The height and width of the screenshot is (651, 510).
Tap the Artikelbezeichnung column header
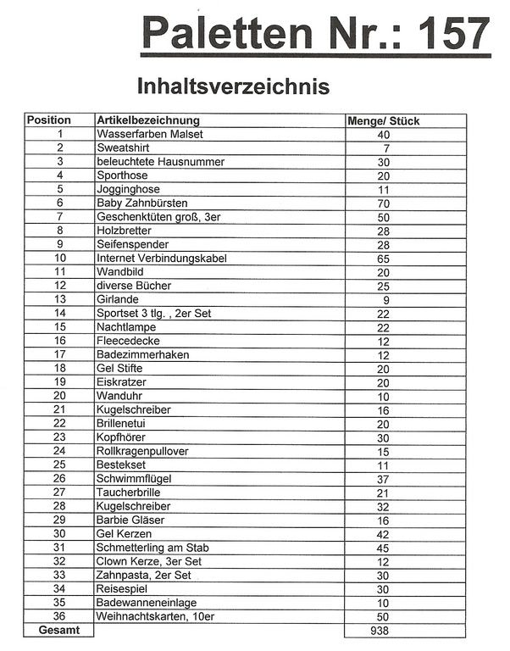pos(148,120)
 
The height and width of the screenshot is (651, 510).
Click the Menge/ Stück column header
pos(384,120)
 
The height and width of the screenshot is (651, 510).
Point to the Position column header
pos(49,120)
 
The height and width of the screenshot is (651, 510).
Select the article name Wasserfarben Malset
pos(150,134)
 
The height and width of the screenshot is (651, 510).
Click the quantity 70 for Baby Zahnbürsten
pos(384,203)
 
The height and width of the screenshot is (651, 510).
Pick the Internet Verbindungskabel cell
pos(162,258)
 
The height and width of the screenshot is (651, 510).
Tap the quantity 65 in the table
pos(384,258)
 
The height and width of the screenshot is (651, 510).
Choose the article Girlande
pos(118,299)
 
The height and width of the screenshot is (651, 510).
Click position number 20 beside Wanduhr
pos(60,395)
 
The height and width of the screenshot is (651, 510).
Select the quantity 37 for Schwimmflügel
pos(384,478)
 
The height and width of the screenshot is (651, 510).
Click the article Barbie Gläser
pos(130,519)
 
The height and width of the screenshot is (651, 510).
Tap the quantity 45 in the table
pos(384,547)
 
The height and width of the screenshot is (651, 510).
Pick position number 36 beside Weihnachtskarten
pos(60,615)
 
